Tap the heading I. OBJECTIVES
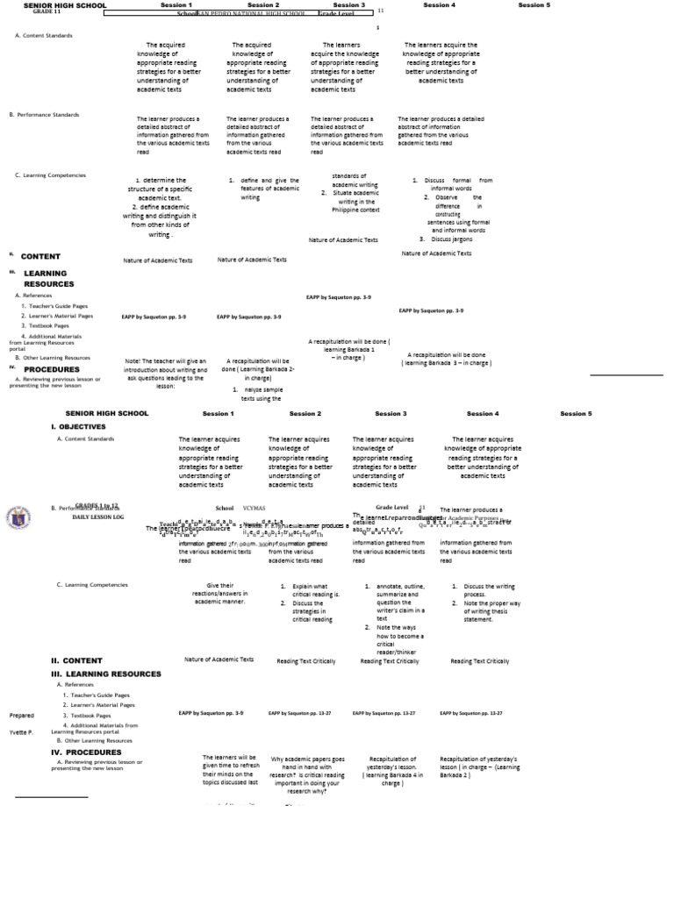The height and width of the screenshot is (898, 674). click(x=78, y=425)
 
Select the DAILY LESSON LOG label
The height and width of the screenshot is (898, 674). click(x=98, y=517)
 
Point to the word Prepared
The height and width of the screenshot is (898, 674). click(x=22, y=715)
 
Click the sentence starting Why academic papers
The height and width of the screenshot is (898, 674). click(x=307, y=759)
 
